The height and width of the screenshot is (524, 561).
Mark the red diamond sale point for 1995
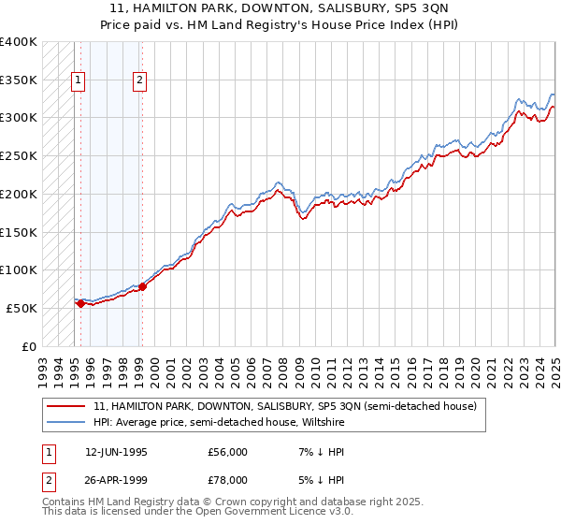80,303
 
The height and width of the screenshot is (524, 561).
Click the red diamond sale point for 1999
142,286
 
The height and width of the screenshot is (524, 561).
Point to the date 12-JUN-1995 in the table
115,452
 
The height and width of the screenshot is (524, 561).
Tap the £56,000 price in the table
227,452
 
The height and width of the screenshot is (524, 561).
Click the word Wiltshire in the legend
324,422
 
